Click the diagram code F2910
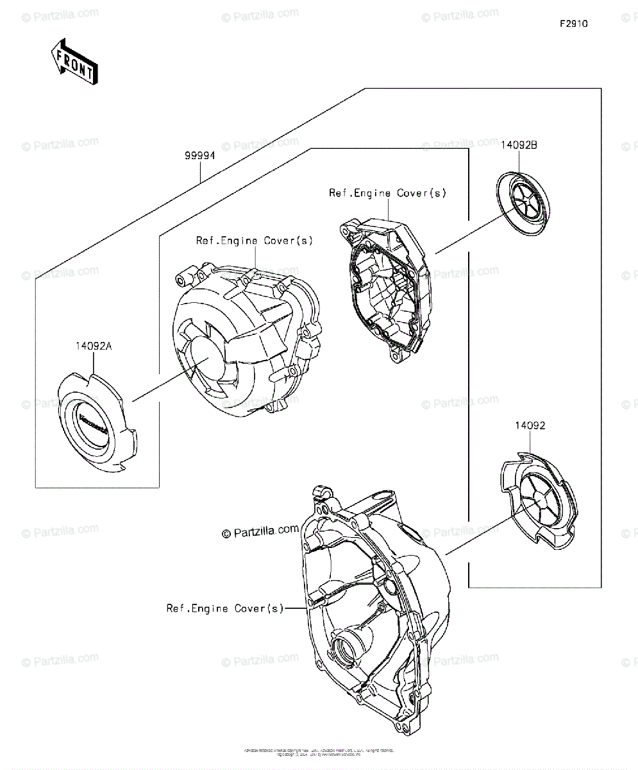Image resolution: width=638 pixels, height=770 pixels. pyautogui.click(x=573, y=24)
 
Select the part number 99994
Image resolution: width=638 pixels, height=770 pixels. pyautogui.click(x=200, y=156)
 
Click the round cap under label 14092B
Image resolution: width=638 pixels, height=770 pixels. pyautogui.click(x=525, y=199)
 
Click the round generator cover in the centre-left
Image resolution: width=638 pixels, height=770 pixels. pyautogui.click(x=247, y=340)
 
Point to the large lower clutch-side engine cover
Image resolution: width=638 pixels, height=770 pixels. pyautogui.click(x=375, y=610)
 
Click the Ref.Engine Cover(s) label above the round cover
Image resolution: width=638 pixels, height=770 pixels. pyautogui.click(x=255, y=241)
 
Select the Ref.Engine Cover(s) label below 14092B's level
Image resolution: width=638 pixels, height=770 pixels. pyautogui.click(x=387, y=193)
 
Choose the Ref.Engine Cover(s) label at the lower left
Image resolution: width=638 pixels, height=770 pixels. pyautogui.click(x=224, y=608)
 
